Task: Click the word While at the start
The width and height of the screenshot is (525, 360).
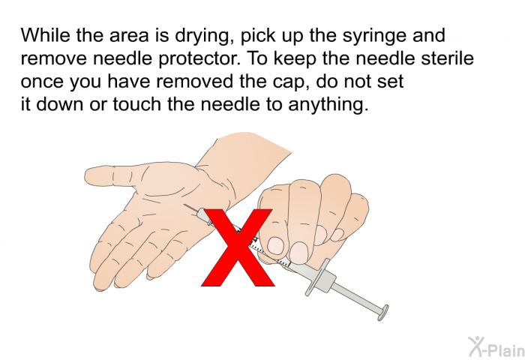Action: click(x=44, y=35)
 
